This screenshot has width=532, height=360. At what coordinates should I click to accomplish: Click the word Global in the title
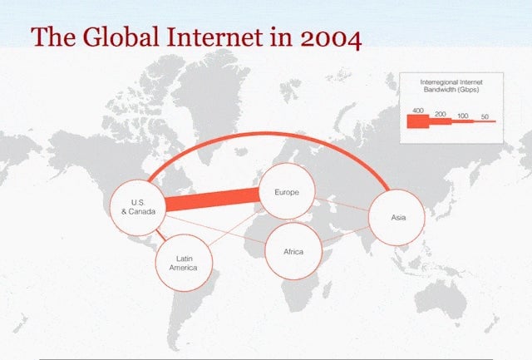click(x=121, y=37)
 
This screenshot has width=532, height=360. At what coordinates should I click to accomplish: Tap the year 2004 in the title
click(x=331, y=38)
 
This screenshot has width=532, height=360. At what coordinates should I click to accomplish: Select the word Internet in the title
click(x=214, y=37)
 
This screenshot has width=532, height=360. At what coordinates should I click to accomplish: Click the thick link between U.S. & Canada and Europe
click(x=213, y=200)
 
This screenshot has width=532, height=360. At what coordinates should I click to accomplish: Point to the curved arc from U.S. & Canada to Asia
click(x=268, y=134)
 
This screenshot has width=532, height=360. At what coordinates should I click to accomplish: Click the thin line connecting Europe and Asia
click(x=342, y=205)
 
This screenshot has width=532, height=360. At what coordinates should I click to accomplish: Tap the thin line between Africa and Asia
click(x=345, y=234)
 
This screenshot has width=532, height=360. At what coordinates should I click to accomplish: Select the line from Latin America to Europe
click(x=234, y=228)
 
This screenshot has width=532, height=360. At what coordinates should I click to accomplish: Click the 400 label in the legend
click(x=418, y=111)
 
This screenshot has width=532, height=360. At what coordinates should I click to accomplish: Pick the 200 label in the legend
click(x=440, y=114)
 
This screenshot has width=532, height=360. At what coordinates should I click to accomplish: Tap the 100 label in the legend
click(x=463, y=116)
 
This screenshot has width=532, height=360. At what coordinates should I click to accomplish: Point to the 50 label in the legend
click(x=485, y=116)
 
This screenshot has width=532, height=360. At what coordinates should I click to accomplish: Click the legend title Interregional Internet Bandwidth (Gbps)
click(x=451, y=86)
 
